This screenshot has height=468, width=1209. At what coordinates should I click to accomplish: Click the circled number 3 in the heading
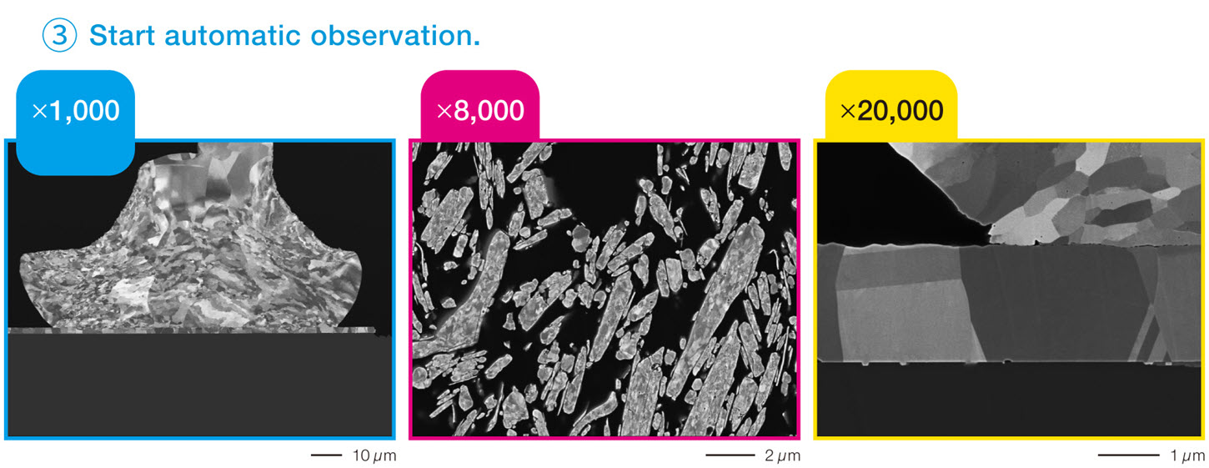(59, 35)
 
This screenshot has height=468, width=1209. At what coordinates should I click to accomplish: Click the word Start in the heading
(122, 36)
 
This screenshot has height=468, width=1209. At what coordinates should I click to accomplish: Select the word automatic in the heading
(233, 36)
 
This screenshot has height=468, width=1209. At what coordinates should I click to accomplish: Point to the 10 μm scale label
(374, 455)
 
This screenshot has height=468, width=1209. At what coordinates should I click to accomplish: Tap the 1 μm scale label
(1186, 455)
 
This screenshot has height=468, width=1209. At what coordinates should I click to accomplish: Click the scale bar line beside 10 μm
(327, 455)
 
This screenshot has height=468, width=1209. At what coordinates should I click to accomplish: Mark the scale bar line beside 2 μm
(730, 455)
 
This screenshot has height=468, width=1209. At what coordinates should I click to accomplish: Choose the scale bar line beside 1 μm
(1128, 455)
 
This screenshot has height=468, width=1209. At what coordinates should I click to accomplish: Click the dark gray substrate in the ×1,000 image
(200, 385)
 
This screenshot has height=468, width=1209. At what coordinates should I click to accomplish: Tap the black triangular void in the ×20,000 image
(885, 205)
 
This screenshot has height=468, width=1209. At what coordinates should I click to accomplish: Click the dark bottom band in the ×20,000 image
(1009, 399)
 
